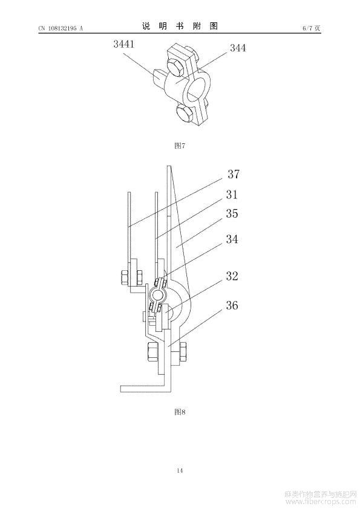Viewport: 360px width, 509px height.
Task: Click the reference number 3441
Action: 123,44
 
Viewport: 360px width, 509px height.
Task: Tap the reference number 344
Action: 238,48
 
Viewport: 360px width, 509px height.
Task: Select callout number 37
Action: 234,174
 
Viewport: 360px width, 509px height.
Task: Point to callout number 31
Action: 232,195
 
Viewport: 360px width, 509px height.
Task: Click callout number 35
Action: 232,213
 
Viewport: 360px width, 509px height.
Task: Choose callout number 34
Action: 232,239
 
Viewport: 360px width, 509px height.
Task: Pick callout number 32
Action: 232,276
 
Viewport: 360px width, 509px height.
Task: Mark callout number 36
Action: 232,305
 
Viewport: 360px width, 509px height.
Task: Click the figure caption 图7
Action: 180,146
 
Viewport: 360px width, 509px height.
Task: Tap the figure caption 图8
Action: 180,412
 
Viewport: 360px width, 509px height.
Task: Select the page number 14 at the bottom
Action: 180,470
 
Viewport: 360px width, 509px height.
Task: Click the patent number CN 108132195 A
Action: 61,28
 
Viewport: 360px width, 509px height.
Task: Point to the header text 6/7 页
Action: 312,28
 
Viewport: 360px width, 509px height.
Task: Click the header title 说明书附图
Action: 180,26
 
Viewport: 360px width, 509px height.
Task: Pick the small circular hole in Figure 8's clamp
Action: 158,296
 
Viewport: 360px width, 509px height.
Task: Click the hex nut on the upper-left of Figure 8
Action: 125,278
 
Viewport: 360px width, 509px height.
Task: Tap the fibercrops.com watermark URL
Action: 321,502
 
